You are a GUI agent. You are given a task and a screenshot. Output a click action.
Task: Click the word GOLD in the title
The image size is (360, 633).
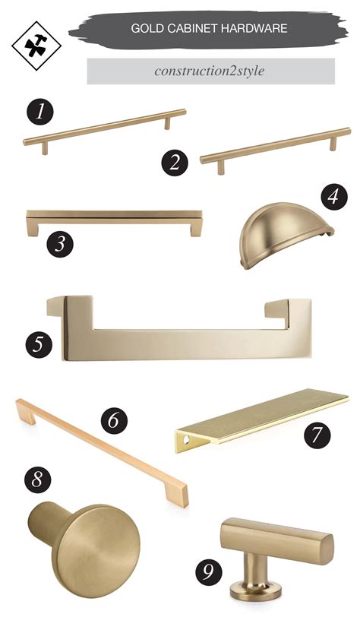click(x=145, y=29)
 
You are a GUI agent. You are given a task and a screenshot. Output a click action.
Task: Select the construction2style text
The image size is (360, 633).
click(x=210, y=71)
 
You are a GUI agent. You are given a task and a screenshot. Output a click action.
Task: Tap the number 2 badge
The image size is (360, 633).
click(x=175, y=160)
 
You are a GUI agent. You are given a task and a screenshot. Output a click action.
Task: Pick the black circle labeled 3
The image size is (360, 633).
click(x=60, y=244)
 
